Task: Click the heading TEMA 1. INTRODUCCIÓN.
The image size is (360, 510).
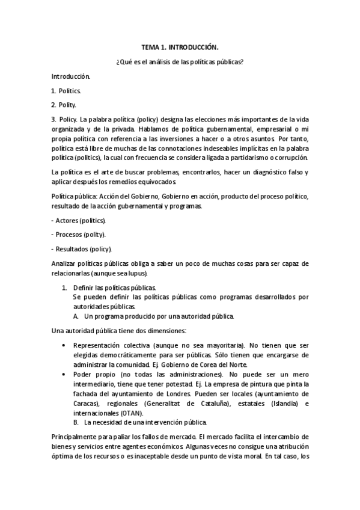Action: [180, 46]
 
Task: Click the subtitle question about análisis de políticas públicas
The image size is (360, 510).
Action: [180, 61]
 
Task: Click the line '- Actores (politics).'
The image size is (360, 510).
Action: [79, 221]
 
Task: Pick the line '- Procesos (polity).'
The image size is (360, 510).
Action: [79, 235]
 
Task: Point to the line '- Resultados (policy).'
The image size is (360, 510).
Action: [82, 249]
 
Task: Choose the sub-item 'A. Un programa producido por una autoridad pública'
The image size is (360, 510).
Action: [154, 316]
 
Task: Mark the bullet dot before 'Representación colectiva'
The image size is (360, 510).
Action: [64, 346]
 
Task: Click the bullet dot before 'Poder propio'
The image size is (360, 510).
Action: [64, 374]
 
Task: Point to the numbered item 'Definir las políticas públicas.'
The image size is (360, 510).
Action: [114, 287]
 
